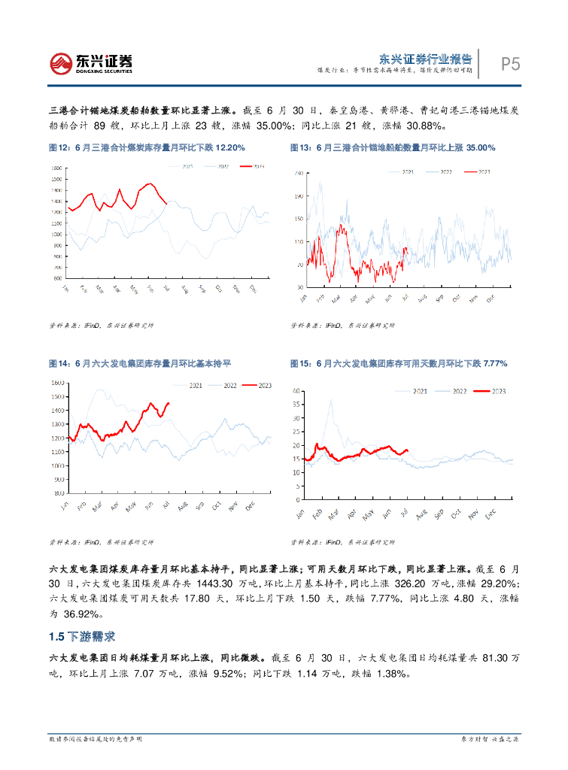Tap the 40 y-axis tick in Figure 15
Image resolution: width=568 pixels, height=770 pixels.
296,392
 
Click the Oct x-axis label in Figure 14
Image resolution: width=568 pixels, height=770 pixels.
218,506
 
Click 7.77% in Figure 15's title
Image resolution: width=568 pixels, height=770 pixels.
492,363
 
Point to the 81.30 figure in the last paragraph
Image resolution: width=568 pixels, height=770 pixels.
481,657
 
